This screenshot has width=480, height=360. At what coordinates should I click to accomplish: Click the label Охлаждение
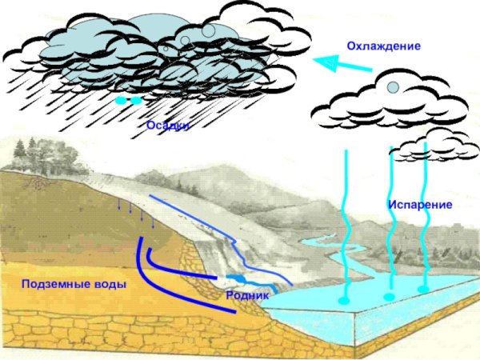pyautogui.click(x=383, y=46)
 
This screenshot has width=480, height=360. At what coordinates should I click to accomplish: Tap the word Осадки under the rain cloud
pyautogui.click(x=168, y=126)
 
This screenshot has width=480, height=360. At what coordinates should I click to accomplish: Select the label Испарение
pyautogui.click(x=420, y=205)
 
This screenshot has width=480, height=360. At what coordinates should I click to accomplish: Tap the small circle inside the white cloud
pyautogui.click(x=393, y=86)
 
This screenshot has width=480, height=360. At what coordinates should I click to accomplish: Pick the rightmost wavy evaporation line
pyautogui.click(x=425, y=216)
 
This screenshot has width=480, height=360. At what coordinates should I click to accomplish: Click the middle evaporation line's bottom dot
pyautogui.click(x=390, y=297)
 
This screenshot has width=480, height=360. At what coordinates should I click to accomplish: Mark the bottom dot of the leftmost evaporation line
pyautogui.click(x=344, y=300)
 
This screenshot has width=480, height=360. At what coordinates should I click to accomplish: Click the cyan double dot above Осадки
pyautogui.click(x=128, y=101)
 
